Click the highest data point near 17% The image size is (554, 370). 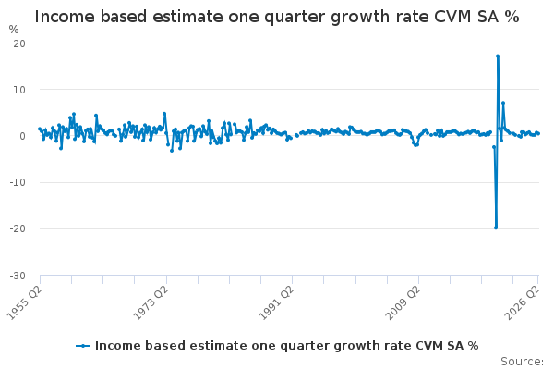498,55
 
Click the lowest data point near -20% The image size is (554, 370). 496,228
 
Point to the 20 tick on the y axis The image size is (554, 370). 19,43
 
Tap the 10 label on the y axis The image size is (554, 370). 19,90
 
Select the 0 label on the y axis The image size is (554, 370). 22,136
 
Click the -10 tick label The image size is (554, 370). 18,183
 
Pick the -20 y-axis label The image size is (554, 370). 18,229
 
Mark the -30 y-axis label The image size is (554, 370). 18,276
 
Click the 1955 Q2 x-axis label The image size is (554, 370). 25,302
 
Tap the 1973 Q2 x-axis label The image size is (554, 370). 151,302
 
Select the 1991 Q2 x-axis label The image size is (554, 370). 277,302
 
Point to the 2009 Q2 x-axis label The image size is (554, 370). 403,302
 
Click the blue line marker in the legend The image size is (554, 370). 83,346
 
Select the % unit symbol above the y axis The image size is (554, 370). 14,30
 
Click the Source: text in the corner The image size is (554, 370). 523,362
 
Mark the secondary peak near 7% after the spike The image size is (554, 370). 503,103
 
